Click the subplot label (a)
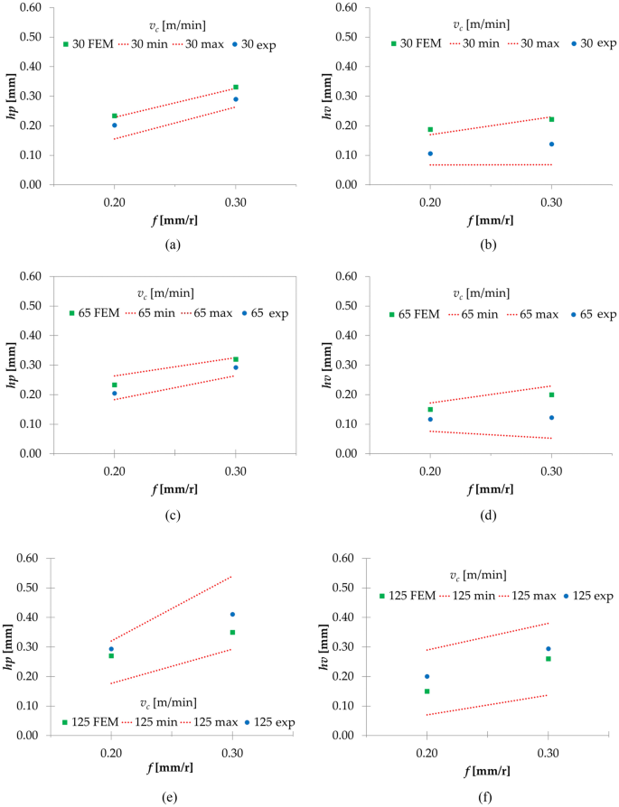tap(174, 244)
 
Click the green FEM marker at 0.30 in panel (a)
tap(236, 88)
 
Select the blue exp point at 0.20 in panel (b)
tap(430, 153)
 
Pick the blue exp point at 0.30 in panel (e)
tap(232, 615)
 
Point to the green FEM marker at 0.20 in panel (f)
tap(427, 691)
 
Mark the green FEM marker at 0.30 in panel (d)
tap(551, 394)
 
